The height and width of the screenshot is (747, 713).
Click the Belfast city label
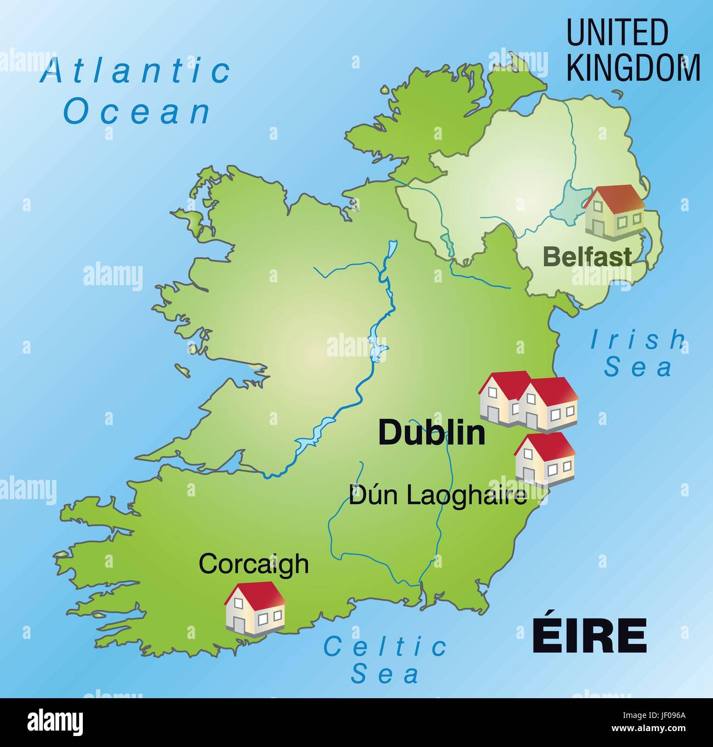(x=587, y=256)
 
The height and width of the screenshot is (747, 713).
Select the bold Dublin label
(x=432, y=433)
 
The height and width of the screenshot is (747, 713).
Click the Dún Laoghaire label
(x=438, y=495)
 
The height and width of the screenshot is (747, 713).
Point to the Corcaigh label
(x=253, y=563)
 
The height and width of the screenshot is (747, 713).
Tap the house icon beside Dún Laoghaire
(x=545, y=460)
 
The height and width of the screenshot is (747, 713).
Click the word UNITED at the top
(x=617, y=33)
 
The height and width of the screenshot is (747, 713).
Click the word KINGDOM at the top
(x=633, y=67)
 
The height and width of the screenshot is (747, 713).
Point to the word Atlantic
(x=135, y=71)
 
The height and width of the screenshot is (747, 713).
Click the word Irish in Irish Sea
(x=637, y=340)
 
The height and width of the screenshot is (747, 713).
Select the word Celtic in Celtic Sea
(x=385, y=647)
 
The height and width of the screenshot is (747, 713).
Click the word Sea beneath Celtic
(x=385, y=674)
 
